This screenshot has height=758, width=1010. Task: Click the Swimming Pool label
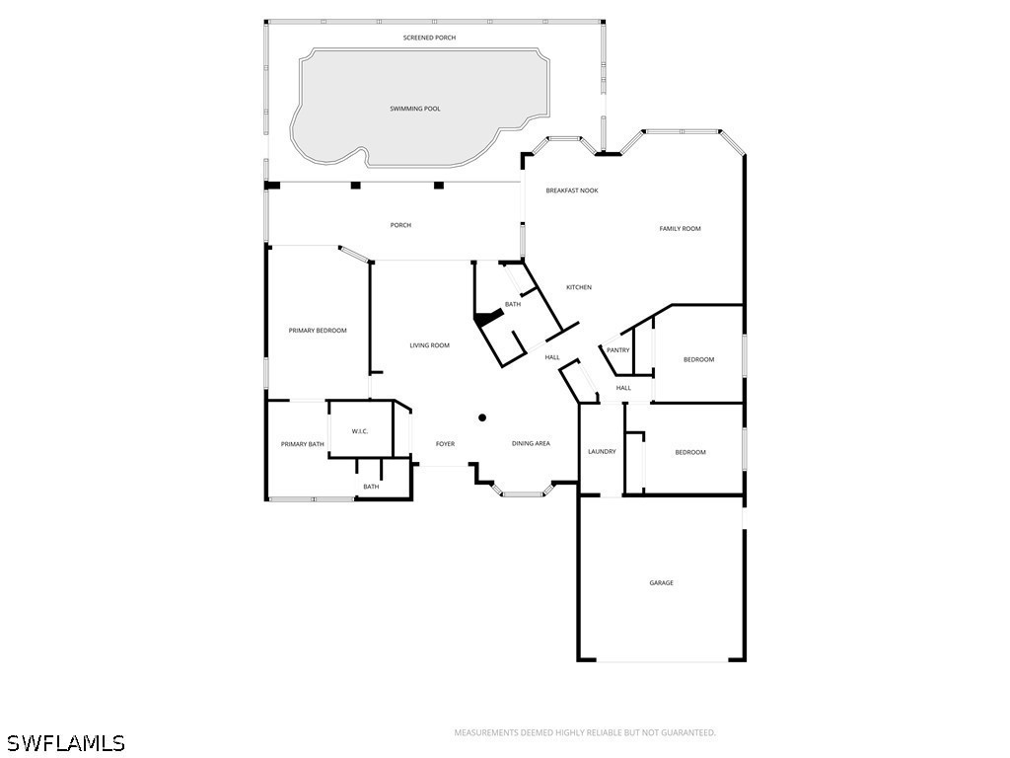click(x=415, y=109)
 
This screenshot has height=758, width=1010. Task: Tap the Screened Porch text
click(x=429, y=38)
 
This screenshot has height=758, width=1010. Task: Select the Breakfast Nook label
click(x=572, y=190)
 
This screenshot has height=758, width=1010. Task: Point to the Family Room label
click(x=680, y=229)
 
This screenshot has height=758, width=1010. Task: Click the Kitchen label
click(x=578, y=287)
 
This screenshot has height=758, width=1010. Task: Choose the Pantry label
click(x=617, y=350)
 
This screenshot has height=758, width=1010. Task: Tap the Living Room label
click(x=430, y=345)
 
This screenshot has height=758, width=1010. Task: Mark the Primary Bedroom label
click(x=318, y=331)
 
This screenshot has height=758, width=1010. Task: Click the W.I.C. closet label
click(x=360, y=431)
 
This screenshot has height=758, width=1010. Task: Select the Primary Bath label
click(x=302, y=444)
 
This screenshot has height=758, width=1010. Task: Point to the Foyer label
click(x=445, y=444)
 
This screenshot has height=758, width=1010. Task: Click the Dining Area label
click(x=531, y=443)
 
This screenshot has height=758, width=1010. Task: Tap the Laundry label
click(x=602, y=452)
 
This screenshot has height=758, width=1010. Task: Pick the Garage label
click(x=661, y=582)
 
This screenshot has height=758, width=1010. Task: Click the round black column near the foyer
click(x=481, y=417)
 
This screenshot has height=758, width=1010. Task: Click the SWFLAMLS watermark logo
click(x=62, y=743)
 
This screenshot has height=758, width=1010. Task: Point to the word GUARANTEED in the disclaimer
click(x=687, y=733)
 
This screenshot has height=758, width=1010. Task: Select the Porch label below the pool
click(x=400, y=226)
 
